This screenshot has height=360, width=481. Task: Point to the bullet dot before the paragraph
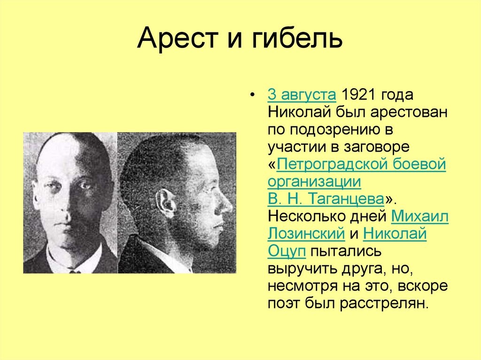pos(253,95)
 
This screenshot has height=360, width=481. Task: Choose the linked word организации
pos(314,182)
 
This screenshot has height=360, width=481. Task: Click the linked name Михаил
pos(419,216)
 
